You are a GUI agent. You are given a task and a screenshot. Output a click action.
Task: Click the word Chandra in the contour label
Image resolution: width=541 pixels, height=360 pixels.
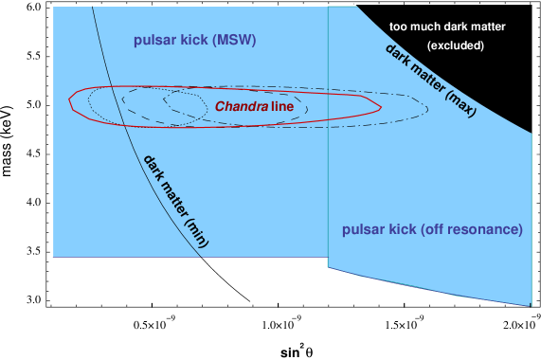pos(240,106)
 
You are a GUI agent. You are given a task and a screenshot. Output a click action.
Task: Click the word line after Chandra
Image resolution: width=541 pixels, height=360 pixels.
pos(282,106)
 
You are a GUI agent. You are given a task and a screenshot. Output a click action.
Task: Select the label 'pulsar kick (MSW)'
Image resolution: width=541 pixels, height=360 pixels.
pos(194,41)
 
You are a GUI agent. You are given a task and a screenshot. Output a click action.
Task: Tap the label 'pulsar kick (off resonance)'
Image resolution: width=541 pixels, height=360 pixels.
pos(432,229)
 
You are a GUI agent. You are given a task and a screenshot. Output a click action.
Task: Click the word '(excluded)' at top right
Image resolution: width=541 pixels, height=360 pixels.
pos(456,45)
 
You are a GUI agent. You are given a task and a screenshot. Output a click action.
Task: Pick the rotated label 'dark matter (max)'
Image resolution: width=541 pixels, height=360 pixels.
pos(431,80)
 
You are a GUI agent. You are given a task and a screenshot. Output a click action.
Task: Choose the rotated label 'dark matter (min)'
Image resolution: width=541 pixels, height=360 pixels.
pos(176,200)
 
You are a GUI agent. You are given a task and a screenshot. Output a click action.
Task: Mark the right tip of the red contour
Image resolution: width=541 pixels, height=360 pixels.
pos(381,108)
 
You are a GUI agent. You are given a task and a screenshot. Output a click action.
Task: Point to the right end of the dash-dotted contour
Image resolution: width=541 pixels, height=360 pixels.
pos(428,106)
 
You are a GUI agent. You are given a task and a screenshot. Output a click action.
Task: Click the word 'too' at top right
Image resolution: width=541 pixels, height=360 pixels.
pos(398,26)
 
